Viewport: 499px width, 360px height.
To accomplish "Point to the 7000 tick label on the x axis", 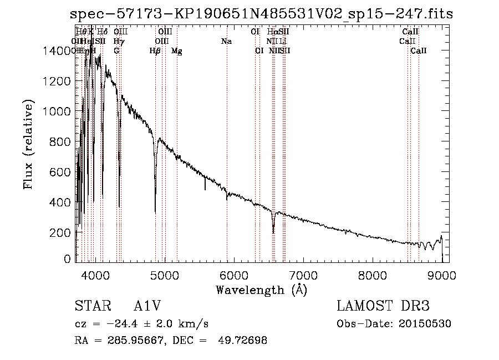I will point(303,275).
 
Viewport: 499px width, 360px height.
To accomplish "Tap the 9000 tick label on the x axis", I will point(442,275).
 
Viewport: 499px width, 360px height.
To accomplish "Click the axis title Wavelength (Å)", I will point(261,290).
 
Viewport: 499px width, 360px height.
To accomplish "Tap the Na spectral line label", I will point(226,42).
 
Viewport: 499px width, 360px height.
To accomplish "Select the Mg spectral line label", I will point(177,51).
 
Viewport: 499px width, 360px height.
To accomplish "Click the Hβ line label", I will point(155,51).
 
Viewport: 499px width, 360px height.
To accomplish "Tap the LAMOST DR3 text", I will point(383,307).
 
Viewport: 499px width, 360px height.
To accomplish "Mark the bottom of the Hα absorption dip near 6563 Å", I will point(273,232).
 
